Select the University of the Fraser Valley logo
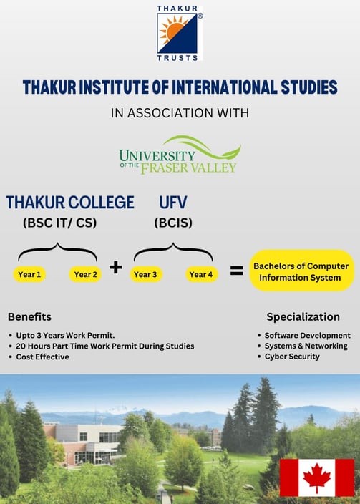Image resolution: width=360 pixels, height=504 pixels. click(x=180, y=155)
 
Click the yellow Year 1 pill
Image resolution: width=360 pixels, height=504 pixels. click(x=29, y=274)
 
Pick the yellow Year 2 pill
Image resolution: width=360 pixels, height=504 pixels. click(x=85, y=274)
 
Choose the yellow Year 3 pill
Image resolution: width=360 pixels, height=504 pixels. click(x=145, y=274)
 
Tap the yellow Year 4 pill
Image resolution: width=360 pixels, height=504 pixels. click(x=201, y=274)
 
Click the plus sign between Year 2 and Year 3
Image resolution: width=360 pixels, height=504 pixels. click(x=116, y=267)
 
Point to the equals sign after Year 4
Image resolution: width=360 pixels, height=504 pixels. click(x=237, y=271)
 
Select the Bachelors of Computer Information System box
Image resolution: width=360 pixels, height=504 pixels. click(x=301, y=271)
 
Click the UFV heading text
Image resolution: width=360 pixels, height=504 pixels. click(x=173, y=203)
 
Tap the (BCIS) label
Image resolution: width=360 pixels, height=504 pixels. click(x=173, y=223)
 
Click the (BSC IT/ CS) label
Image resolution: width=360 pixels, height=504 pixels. click(x=60, y=223)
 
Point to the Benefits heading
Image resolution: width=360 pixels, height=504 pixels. click(x=29, y=317)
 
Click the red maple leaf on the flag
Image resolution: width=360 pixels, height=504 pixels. click(x=317, y=478)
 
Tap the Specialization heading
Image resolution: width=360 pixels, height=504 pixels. click(x=303, y=317)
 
